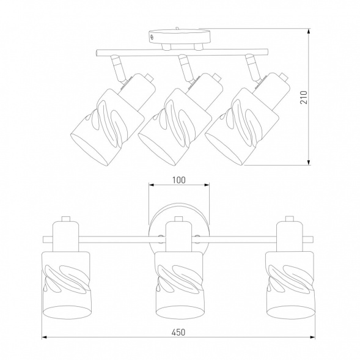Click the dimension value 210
(x=304, y=97)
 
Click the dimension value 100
(x=179, y=180)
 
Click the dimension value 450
(x=178, y=332)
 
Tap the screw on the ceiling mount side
(x=152, y=37)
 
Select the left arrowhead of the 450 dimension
(x=44, y=337)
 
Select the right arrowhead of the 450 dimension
(x=312, y=337)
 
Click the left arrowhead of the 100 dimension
(x=152, y=185)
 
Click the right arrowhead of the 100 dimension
(x=207, y=185)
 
